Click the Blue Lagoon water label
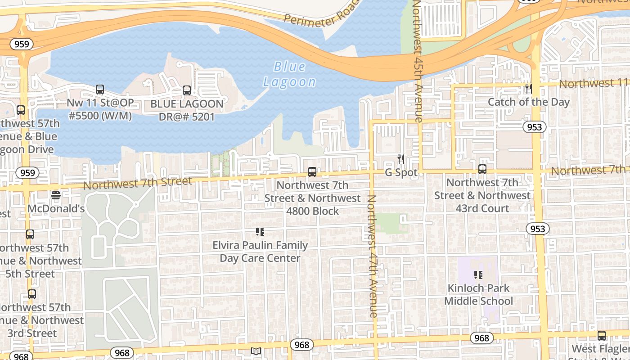290,74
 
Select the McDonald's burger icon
56,195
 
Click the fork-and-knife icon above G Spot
400,159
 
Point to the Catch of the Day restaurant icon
529,89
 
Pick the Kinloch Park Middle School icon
478,274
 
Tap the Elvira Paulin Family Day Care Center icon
260,232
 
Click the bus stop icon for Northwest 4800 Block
312,172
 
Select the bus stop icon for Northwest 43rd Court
482,169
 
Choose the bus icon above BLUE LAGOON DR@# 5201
187,90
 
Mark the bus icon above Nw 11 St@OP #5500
100,90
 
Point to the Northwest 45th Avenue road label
418,61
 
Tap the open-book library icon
256,351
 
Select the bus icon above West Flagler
602,336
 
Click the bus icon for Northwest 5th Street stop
30,234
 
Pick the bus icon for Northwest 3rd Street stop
32,294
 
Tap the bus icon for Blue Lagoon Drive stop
21,110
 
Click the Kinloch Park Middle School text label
478,295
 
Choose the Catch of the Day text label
529,102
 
